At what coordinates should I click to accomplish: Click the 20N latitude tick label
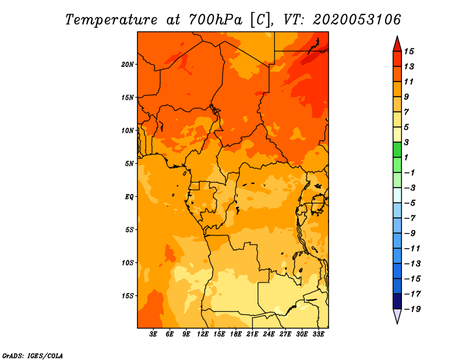tap(128, 65)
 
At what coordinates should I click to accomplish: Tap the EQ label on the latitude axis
tap(129, 197)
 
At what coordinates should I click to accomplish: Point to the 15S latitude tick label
tap(128, 296)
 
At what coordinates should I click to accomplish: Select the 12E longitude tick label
tap(203, 334)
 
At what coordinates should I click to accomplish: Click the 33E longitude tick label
tap(318, 334)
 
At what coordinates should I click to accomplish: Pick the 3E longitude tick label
tap(153, 334)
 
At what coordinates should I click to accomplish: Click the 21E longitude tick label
tap(252, 334)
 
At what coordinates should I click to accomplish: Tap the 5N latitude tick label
tap(129, 164)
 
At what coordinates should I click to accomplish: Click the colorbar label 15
tap(409, 51)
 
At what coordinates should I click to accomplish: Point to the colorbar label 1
tap(406, 157)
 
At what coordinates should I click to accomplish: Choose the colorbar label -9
tap(410, 234)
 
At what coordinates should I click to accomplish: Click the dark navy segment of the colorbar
tap(397, 301)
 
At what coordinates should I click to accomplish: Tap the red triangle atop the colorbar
tap(397, 45)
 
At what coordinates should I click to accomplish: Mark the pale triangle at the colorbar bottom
tap(397, 316)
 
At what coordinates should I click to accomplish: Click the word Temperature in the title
tap(111, 20)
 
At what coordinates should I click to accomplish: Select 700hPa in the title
tap(216, 20)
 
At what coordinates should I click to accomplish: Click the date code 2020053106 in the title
tap(357, 20)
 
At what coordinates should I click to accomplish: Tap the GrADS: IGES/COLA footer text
tap(33, 356)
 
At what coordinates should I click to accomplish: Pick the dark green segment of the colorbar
tap(397, 150)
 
